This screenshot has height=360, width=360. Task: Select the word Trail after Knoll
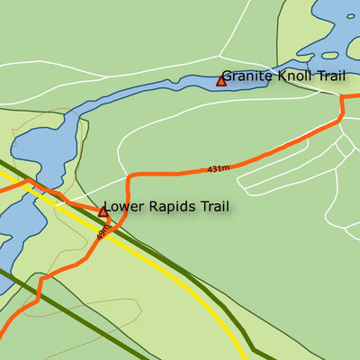point(329,77)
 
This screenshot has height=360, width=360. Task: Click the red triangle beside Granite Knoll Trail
point(220,81)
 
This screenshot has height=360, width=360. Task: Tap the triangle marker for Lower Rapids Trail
point(103,211)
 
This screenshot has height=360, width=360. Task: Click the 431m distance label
point(218,168)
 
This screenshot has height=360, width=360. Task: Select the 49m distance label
point(102,231)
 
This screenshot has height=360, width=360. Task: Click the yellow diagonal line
point(180,279)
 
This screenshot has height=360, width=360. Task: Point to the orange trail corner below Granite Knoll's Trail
point(342,115)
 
